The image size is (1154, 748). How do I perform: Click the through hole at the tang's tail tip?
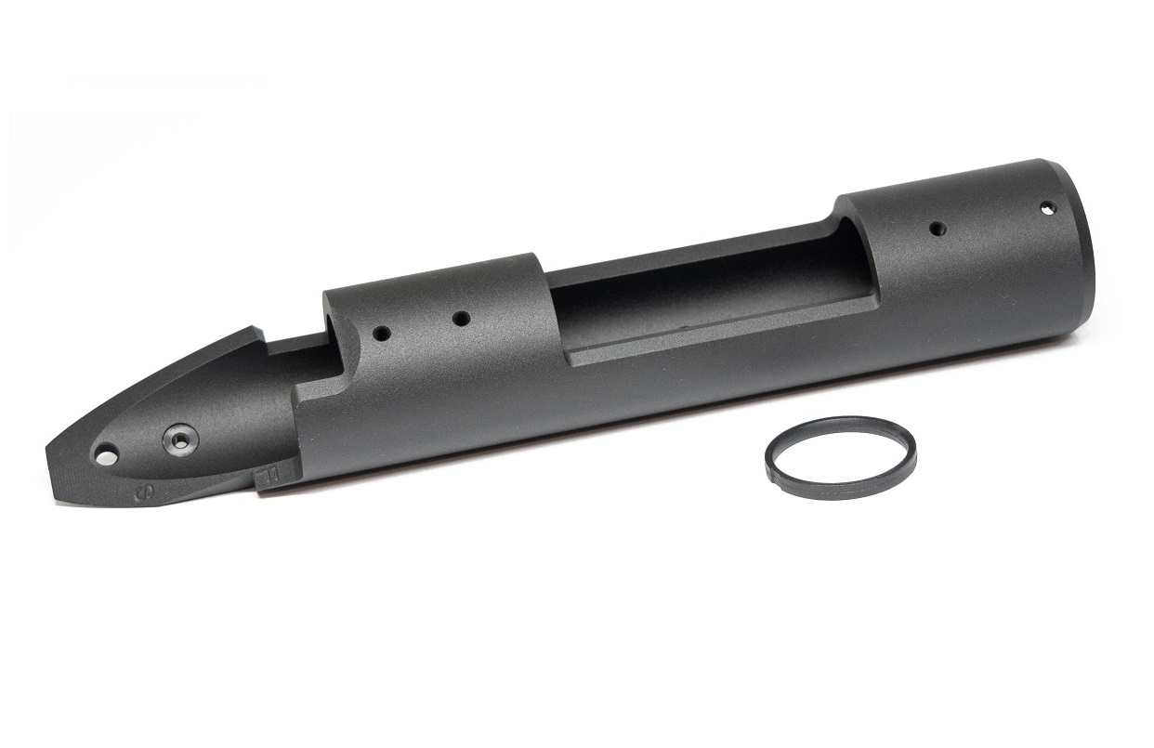[106, 455]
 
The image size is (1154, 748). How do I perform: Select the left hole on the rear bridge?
[379, 331]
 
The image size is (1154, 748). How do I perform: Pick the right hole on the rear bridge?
[460, 319]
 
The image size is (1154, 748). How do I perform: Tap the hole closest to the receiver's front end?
[1047, 208]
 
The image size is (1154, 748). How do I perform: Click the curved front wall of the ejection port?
[859, 269]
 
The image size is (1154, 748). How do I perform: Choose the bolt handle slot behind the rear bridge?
[297, 358]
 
